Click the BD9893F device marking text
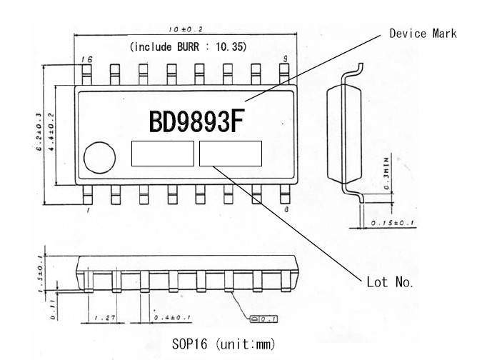pyautogui.click(x=196, y=121)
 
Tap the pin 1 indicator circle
pyautogui.click(x=99, y=157)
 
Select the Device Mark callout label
pyautogui.click(x=423, y=34)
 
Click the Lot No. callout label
pyautogui.click(x=390, y=282)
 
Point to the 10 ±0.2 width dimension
pyautogui.click(x=186, y=29)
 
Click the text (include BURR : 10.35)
pyautogui.click(x=188, y=46)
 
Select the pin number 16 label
pyautogui.click(x=86, y=59)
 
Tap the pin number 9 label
pyautogui.click(x=286, y=59)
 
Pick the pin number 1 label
pyautogui.click(x=88, y=210)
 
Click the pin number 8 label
pyautogui.click(x=286, y=209)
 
